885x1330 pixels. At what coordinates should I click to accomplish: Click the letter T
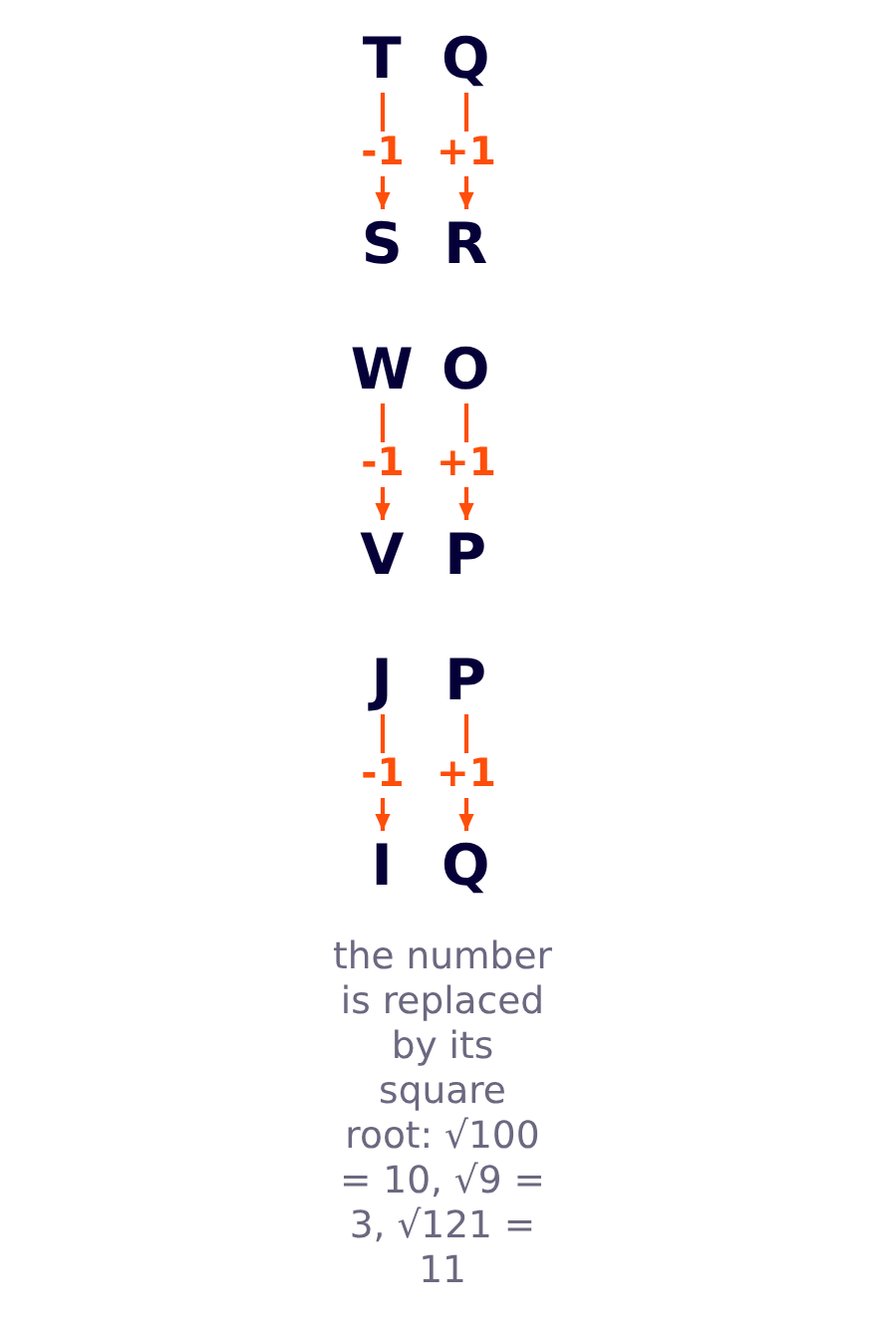coord(382,58)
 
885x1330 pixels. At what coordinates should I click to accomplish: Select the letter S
coord(382,242)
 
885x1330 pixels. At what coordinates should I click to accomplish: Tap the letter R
coord(466,242)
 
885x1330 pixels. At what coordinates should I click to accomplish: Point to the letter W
coord(382,369)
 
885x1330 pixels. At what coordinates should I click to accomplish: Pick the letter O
coord(466,369)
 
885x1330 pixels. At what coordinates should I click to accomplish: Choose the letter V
coord(382,553)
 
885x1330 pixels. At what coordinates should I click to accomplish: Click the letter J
coord(379,682)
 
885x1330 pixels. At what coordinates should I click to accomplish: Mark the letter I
coord(382,864)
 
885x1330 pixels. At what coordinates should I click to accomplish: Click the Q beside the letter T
coord(466,60)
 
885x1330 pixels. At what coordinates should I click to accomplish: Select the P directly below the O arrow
coord(466,553)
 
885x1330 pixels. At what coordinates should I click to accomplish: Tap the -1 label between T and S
coord(382,151)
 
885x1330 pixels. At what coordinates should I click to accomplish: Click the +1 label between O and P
coord(466,462)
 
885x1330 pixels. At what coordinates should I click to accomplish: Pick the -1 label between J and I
coord(382,772)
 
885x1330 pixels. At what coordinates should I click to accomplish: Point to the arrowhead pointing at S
coord(383,200)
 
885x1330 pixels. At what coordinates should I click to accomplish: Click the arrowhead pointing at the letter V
coord(383,511)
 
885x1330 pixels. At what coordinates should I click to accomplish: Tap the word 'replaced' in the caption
coord(462,1001)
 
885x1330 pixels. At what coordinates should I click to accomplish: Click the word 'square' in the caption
coord(442,1091)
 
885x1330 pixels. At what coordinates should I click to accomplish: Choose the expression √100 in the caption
coord(492,1135)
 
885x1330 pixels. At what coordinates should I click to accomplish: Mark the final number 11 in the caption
coord(442,1269)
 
